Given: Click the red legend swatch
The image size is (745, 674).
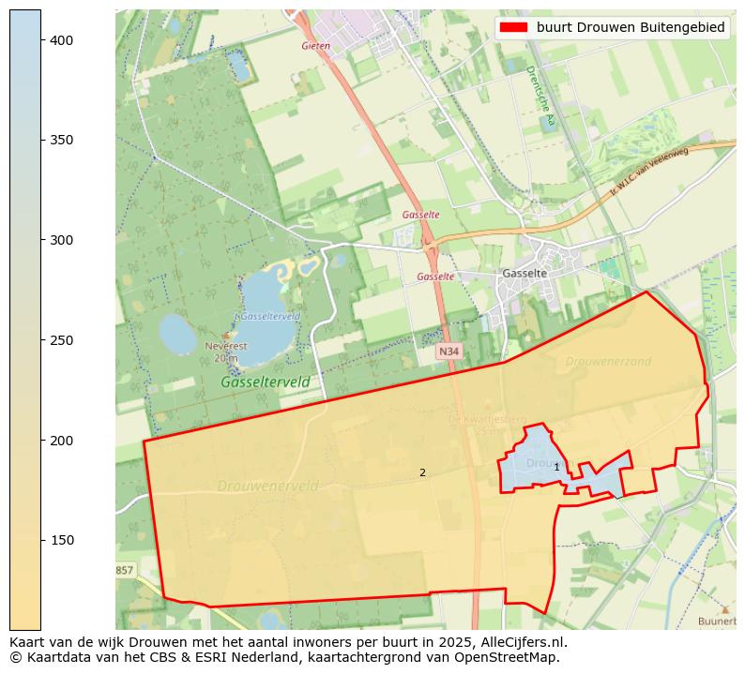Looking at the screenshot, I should [x=515, y=28].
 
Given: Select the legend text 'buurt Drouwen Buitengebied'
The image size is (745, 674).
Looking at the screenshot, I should [x=631, y=28].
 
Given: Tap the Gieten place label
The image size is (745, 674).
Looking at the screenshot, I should [x=316, y=45].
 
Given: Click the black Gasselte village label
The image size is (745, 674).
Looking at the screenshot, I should [x=525, y=273].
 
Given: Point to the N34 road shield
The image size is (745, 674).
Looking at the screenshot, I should [x=449, y=351].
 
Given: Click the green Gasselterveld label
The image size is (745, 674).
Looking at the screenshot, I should [x=265, y=382].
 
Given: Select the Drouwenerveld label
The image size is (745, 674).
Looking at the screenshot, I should [x=267, y=486].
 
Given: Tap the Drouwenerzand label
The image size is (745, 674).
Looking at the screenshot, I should [x=608, y=361].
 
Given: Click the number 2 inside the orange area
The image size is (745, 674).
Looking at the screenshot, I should [x=422, y=472].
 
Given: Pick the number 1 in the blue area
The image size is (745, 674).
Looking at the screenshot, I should [x=556, y=467].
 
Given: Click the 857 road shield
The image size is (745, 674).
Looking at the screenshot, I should [x=125, y=570].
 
